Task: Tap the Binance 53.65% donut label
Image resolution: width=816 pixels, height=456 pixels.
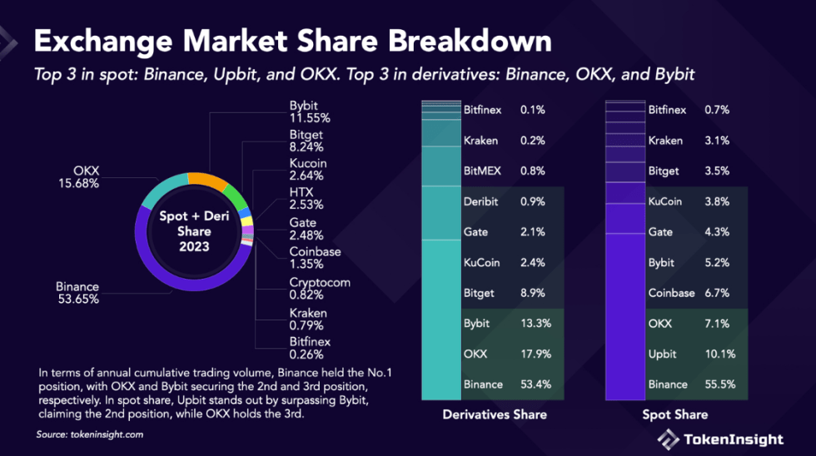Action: click(77, 293)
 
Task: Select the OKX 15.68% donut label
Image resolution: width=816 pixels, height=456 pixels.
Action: click(78, 177)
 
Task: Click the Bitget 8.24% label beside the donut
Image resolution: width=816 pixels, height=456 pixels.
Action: click(308, 141)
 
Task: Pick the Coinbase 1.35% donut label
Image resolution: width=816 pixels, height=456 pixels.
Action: click(315, 258)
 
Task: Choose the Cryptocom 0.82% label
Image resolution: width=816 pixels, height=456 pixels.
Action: click(320, 288)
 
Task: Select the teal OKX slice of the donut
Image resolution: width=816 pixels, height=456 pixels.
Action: click(162, 189)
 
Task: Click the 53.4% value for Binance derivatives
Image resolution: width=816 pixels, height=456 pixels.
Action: click(535, 384)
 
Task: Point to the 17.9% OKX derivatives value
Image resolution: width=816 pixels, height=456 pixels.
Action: click(535, 354)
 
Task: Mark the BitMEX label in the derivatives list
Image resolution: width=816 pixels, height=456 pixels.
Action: click(483, 171)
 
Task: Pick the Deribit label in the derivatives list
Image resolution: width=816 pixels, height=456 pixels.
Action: click(481, 201)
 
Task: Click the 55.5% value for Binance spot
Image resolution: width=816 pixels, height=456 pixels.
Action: click(719, 384)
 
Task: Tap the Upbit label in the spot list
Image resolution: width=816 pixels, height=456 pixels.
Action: click(664, 354)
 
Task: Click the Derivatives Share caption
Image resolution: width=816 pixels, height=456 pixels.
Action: click(495, 414)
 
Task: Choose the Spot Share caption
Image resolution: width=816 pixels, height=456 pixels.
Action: click(675, 414)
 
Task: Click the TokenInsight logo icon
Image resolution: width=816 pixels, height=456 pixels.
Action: click(667, 439)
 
